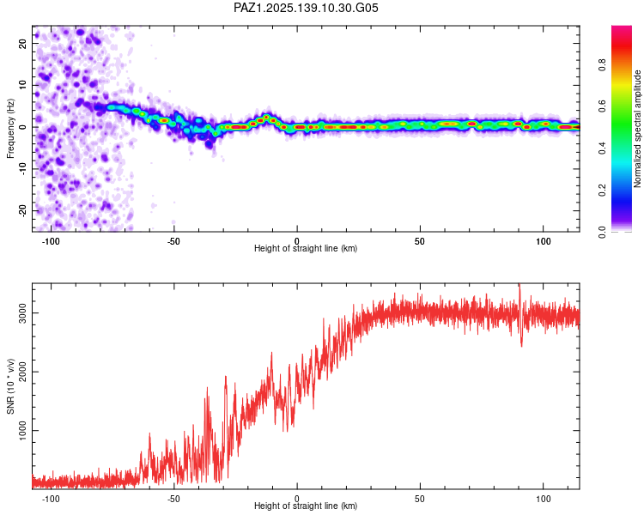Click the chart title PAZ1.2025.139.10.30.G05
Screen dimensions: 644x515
point(306,8)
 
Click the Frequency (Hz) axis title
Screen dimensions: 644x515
point(10,129)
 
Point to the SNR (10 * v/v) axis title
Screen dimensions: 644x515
point(10,386)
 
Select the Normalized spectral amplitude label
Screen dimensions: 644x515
point(637,129)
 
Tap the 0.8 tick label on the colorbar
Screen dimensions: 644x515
point(602,65)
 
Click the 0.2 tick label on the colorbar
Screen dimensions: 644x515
point(602,191)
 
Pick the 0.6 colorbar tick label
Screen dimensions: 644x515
point(602,106)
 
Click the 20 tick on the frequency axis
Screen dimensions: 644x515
point(22,43)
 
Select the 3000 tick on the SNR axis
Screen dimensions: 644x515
point(22,313)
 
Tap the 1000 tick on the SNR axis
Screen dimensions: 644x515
point(22,430)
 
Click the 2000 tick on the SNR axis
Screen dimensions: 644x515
point(22,372)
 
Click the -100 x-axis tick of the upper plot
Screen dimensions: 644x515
point(51,241)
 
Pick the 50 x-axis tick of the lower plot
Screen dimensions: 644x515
point(420,499)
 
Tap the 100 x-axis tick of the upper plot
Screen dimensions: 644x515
point(543,241)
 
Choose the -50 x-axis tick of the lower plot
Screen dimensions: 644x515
point(173,499)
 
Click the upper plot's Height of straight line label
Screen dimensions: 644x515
point(306,248)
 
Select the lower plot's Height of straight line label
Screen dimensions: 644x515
point(306,506)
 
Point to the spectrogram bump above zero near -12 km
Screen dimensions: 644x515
point(266,118)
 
